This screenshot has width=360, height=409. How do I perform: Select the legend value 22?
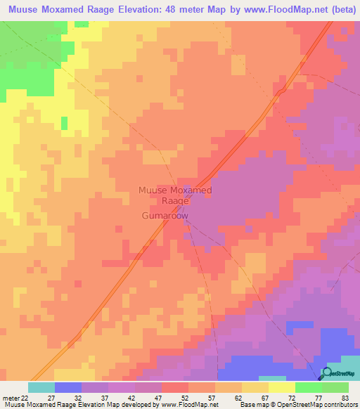tap(24, 398)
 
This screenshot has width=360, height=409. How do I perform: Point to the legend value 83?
tap(345, 398)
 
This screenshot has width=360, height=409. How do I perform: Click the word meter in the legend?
tap(9, 398)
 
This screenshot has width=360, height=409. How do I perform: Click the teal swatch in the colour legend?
tap(41, 387)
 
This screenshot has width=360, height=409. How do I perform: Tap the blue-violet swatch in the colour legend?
tap(68, 387)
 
